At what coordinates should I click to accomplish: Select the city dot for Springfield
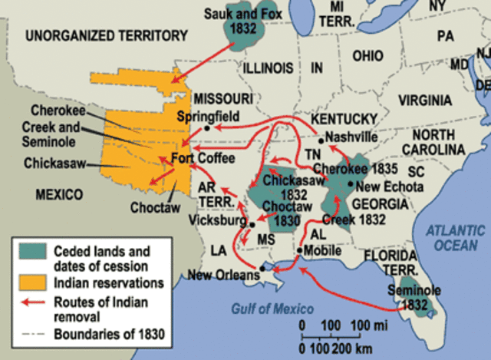(x=207, y=128)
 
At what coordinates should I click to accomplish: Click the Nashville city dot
(x=321, y=140)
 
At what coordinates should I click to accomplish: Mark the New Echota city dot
(x=349, y=184)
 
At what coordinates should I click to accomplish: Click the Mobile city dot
(x=299, y=250)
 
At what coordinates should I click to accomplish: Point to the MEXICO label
(x=59, y=195)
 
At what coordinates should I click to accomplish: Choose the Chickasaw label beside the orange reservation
(x=55, y=163)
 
